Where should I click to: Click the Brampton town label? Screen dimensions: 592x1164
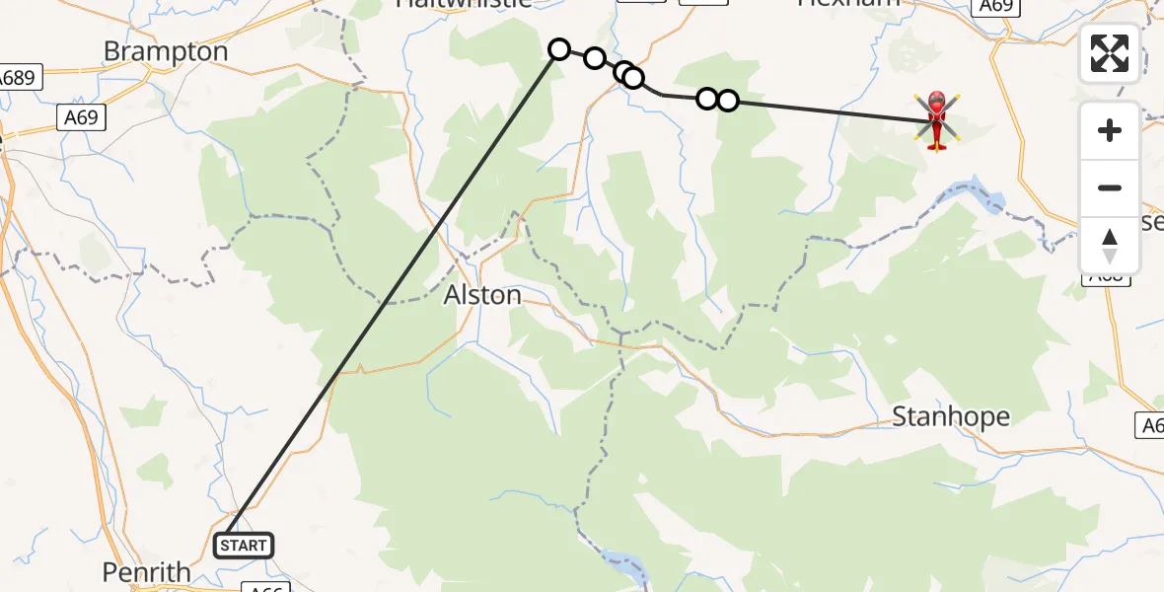[166, 51]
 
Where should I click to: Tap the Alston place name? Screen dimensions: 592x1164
[482, 295]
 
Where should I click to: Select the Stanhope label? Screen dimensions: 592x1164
[951, 416]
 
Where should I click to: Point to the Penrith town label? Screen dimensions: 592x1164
[147, 571]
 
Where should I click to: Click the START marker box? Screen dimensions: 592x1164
[244, 545]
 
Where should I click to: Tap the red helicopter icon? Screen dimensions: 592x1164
[936, 121]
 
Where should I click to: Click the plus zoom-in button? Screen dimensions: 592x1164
[1110, 130]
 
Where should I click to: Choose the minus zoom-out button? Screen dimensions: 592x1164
[1110, 187]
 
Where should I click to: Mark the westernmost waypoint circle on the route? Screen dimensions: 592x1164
[559, 49]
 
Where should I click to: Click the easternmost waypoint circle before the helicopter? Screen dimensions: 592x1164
[727, 100]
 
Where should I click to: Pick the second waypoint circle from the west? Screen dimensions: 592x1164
[595, 58]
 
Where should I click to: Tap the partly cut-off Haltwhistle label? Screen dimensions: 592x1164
[463, 4]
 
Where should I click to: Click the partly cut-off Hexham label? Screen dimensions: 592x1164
[848, 4]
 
